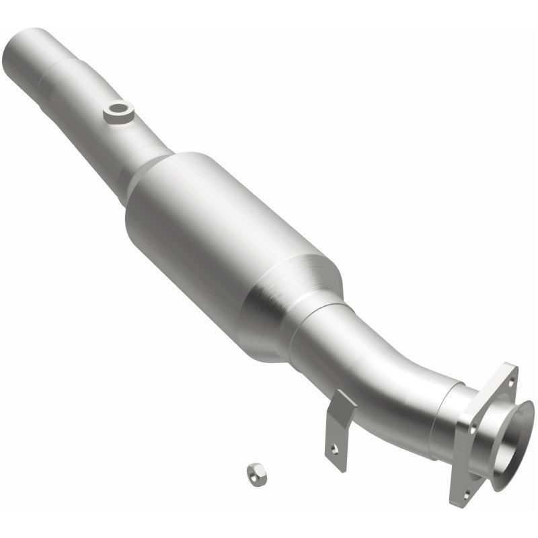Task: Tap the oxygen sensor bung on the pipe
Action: click(x=119, y=111)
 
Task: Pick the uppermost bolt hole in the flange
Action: click(x=509, y=381)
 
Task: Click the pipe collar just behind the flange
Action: click(x=447, y=417)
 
